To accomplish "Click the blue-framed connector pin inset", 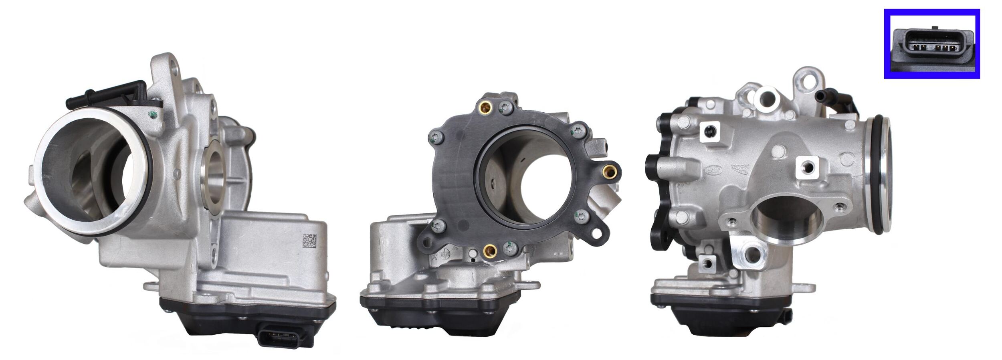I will coord(931,44).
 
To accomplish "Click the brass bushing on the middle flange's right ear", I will coord(610,171).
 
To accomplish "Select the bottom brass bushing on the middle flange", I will coord(489,251).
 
